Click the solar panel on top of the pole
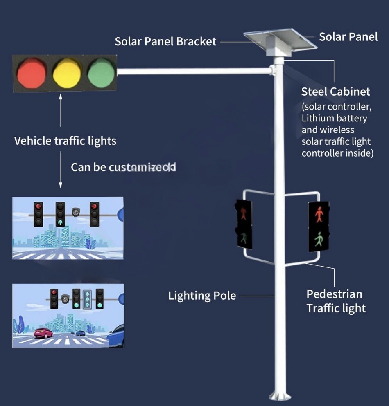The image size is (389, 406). [283, 38]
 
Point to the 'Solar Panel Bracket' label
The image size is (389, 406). [165, 41]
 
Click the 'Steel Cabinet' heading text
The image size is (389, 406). [335, 92]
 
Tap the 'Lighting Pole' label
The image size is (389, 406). [202, 296]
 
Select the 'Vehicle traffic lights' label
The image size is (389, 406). [65, 141]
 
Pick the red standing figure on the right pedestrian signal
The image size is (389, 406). [319, 214]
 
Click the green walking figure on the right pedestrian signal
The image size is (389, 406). [319, 240]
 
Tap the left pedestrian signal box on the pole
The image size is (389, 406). [244, 224]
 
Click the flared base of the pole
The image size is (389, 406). [281, 395]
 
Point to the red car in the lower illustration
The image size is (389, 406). [43, 333]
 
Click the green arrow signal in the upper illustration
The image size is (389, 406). [61, 222]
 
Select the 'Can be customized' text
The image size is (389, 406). [123, 167]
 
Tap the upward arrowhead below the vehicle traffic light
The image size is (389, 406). [61, 98]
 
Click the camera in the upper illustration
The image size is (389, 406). [75, 212]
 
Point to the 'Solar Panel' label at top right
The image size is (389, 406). [348, 37]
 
